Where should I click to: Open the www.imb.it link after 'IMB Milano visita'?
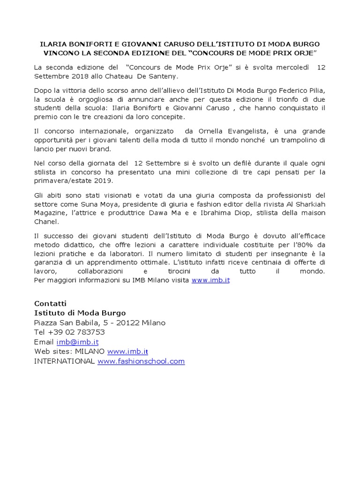click(210, 280)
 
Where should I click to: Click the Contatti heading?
click(51, 303)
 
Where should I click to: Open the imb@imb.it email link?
click(77, 342)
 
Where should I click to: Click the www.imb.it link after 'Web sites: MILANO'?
click(127, 351)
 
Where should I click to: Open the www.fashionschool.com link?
click(141, 361)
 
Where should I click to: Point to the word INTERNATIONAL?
click(65, 361)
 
